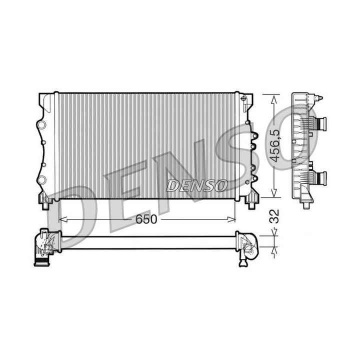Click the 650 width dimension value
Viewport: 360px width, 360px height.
point(146,219)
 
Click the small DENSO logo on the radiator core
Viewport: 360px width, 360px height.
point(196,185)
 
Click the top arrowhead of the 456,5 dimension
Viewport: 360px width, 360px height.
point(273,98)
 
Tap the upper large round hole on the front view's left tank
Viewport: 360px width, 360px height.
point(42,123)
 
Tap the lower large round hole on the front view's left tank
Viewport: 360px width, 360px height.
point(42,179)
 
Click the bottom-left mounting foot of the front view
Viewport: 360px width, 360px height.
point(46,204)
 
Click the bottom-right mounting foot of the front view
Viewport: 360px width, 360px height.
point(250,203)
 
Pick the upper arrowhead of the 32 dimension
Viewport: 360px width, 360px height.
point(273,232)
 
